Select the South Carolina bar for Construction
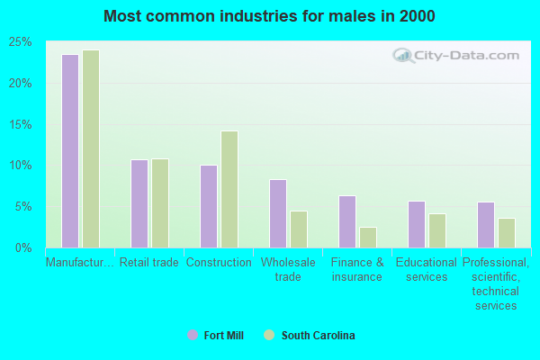229,189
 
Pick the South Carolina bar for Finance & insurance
368,237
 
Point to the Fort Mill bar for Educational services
417,224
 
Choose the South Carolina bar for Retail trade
160,203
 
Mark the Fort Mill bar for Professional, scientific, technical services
486,225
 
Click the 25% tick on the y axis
21,42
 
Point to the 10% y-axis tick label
21,166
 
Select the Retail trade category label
149,263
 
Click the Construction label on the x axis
219,263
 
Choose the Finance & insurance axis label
357,270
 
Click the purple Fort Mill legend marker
193,336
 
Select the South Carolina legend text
318,336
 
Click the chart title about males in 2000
269,16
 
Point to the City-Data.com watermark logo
454,56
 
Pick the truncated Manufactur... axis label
80,263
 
